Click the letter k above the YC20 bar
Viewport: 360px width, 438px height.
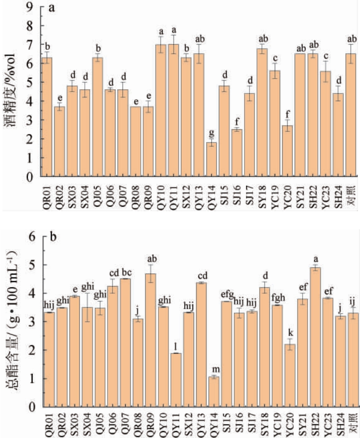289,333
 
